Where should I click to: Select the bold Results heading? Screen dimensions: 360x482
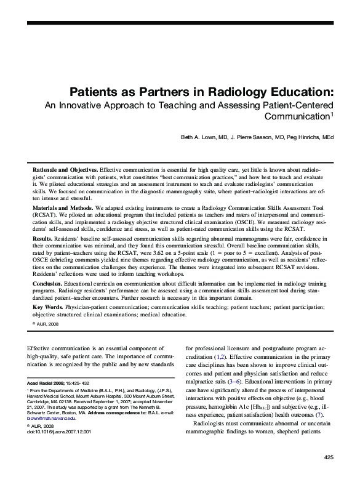pos(44,238)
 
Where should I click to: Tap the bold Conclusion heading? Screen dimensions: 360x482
pos(50,284)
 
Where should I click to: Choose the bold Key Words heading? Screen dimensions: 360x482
pos(47,307)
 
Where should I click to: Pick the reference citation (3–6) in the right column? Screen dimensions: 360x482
pos(234,382)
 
